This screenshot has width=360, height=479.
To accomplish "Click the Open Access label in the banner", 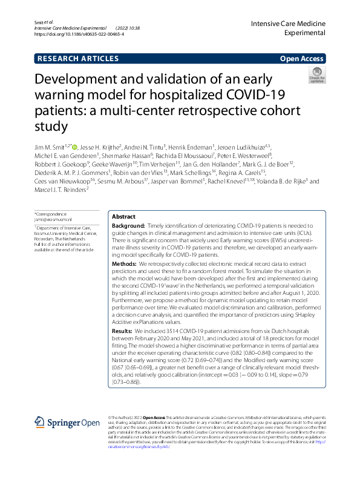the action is (303, 59).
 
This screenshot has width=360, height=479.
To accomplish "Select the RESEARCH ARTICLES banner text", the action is (78, 59).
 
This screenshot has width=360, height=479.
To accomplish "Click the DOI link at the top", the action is (79, 35).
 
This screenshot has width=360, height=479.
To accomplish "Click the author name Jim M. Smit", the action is (52, 147).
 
